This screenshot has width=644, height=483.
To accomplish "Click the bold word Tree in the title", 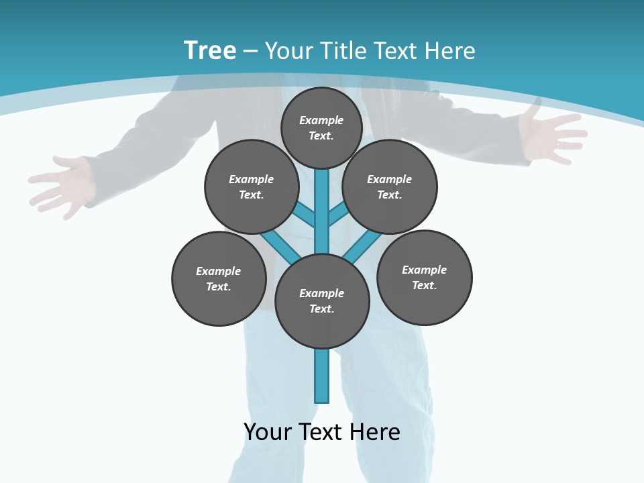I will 210,50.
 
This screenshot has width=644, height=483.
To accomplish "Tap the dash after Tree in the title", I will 250,52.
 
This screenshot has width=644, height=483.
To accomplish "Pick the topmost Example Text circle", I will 321,127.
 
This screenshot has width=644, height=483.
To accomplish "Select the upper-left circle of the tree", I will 252,186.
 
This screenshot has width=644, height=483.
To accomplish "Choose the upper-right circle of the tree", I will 390,186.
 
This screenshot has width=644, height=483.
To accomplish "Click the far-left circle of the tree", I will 219,278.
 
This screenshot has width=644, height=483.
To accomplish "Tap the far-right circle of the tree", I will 425,277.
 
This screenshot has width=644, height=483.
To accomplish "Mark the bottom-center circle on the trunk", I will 322,301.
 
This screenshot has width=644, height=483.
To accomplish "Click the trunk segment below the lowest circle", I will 322,376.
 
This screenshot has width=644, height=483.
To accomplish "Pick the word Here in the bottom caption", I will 375,432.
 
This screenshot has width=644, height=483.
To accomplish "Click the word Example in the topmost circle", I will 321,120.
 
